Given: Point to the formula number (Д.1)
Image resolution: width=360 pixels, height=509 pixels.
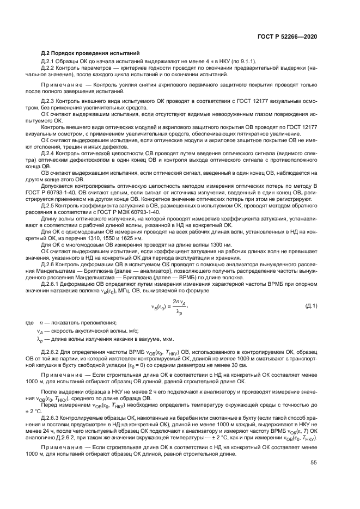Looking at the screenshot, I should (x=312, y=306).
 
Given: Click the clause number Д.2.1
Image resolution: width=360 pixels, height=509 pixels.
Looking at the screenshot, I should (x=48, y=61).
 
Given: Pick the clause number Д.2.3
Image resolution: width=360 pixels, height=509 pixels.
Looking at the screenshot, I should (x=48, y=101).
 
